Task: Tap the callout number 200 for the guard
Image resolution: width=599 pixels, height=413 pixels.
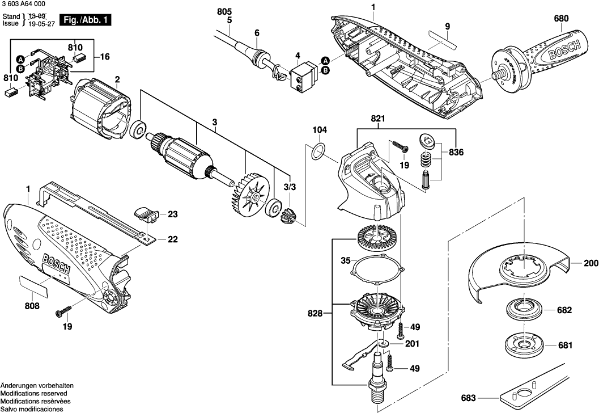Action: click(x=591, y=263)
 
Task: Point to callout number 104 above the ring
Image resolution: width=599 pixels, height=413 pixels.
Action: click(x=320, y=130)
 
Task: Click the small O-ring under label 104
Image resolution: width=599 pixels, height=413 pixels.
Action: click(x=318, y=151)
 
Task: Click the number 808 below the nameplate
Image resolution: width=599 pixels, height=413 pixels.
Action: click(x=32, y=306)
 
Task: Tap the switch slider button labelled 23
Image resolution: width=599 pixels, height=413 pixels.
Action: click(x=148, y=213)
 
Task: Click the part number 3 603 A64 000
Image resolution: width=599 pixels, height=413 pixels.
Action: click(x=27, y=5)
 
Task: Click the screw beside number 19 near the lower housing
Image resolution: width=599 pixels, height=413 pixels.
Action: click(x=63, y=311)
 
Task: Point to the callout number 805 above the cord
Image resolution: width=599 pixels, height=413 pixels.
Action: click(x=224, y=11)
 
